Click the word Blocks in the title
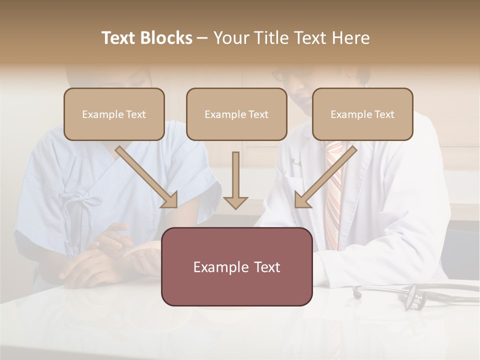[x=166, y=38]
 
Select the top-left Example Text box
[x=114, y=114]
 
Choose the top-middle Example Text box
[x=236, y=114]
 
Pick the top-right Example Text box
[x=362, y=114]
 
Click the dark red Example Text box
[x=236, y=266]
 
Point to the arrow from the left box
[x=147, y=177]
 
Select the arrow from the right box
[x=325, y=177]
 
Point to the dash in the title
[x=202, y=38]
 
